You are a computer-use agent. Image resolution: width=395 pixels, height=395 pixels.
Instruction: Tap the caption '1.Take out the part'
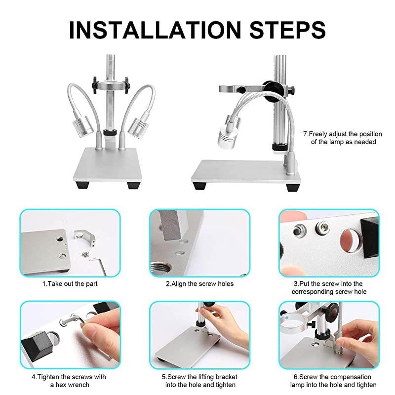click(x=70, y=284)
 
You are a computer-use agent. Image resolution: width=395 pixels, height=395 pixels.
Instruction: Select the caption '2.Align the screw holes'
click(x=199, y=284)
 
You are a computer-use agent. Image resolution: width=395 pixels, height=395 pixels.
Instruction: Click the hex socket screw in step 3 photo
click(x=322, y=228)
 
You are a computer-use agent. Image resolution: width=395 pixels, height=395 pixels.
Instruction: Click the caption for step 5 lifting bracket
click(x=199, y=381)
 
